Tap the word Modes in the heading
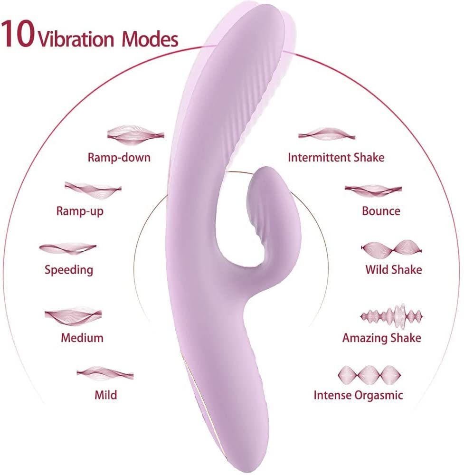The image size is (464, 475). pos(150,39)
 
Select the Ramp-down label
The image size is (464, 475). pos(119,158)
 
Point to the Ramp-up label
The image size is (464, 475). pos(80,211)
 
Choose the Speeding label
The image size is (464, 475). pos(69,270)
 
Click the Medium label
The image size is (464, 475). pos(82,338)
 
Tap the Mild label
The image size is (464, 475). pos(106,395)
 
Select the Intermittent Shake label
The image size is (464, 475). pos(336,158)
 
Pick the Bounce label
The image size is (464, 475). pos(381,211)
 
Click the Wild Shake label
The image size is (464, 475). pos(393,270)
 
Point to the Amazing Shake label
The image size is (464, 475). pos(382,338)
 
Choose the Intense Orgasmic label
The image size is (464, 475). pos(358,395)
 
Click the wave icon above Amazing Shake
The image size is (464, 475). pos(391,316)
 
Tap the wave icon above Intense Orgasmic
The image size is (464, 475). pos(369,375)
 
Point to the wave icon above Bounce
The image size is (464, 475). pos(373,190)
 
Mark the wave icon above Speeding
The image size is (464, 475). pos(68,248)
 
